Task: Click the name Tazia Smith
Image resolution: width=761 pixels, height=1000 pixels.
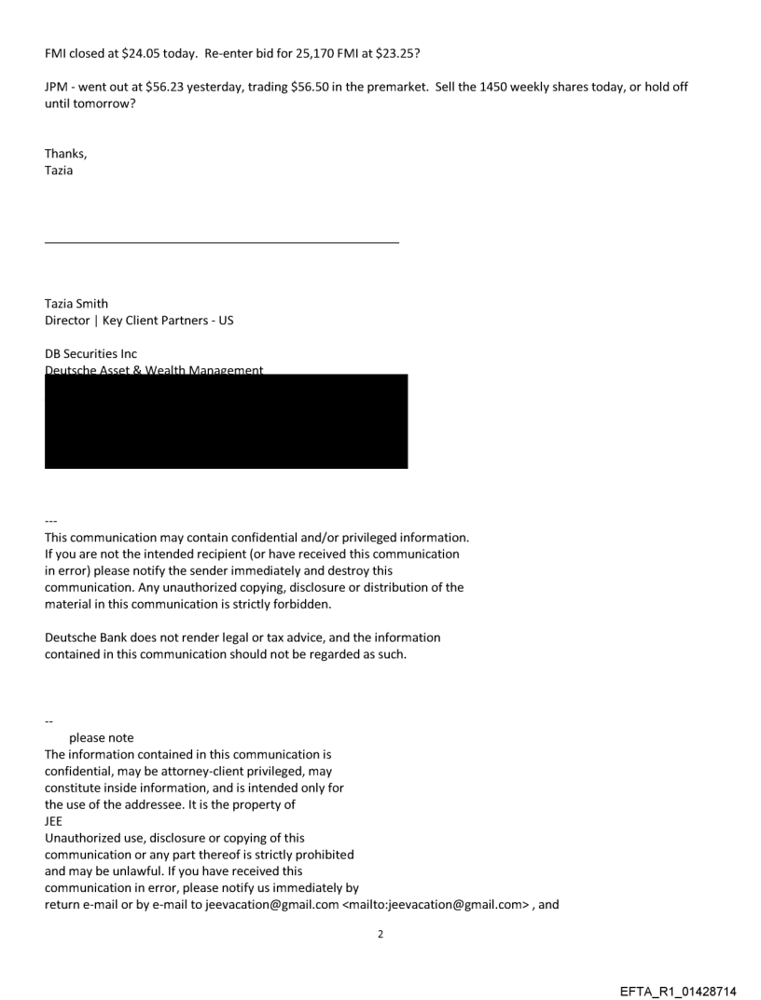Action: (76, 304)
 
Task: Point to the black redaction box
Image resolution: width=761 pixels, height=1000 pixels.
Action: (226, 422)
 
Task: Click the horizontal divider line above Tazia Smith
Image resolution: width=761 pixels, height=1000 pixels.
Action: (221, 242)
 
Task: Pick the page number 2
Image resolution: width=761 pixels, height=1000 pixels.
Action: (380, 934)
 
